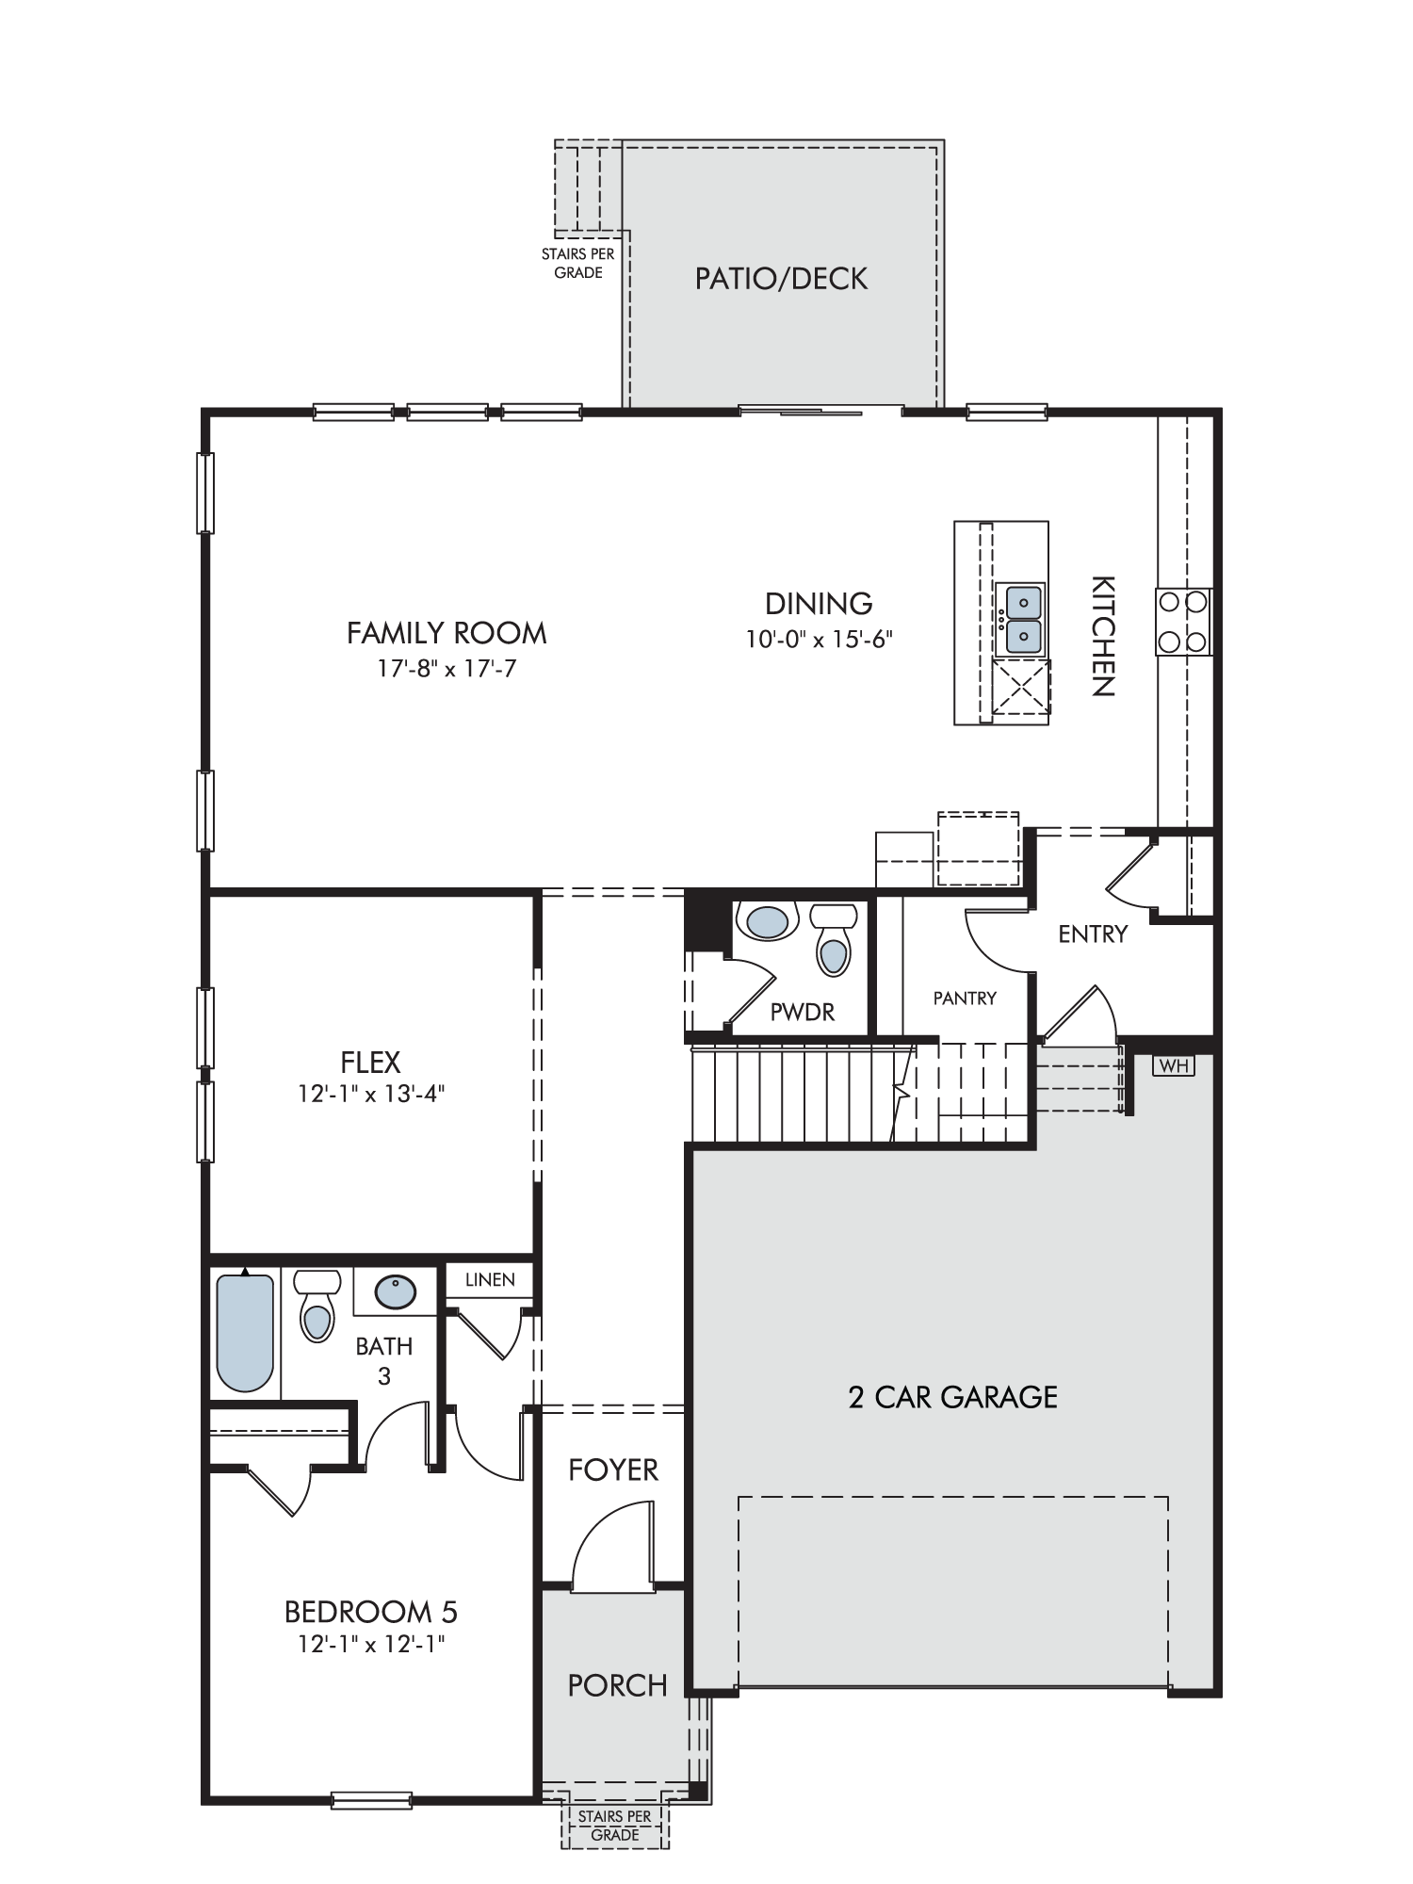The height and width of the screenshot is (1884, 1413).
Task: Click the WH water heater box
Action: click(x=1173, y=1065)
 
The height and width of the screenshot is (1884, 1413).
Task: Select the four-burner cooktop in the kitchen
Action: click(x=1184, y=622)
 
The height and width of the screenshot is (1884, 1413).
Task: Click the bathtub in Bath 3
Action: click(x=245, y=1332)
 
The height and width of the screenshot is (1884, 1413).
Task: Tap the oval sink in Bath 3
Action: click(x=396, y=1291)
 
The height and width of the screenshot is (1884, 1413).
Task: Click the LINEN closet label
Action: click(x=490, y=1279)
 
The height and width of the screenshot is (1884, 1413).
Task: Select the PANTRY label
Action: click(x=965, y=998)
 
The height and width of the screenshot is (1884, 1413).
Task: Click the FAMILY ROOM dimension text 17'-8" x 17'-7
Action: click(x=447, y=669)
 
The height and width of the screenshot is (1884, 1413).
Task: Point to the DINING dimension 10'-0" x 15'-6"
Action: click(x=820, y=639)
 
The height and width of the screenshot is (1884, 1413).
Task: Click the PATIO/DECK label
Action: click(x=781, y=279)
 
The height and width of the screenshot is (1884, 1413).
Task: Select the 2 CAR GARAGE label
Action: click(x=952, y=1396)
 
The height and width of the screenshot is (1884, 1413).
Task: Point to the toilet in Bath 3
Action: click(x=317, y=1306)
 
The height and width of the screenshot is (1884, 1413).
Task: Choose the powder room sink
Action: click(x=767, y=921)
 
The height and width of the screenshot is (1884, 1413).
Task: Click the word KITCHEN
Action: click(x=1103, y=636)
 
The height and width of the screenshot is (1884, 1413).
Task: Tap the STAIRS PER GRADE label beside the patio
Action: click(x=578, y=263)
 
